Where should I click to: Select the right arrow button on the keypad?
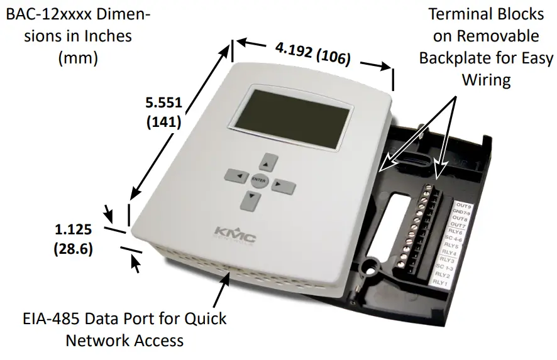click(x=284, y=186)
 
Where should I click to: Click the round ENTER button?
click(x=258, y=180)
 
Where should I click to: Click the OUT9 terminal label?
click(x=464, y=206)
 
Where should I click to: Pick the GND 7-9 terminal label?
click(x=462, y=213)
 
